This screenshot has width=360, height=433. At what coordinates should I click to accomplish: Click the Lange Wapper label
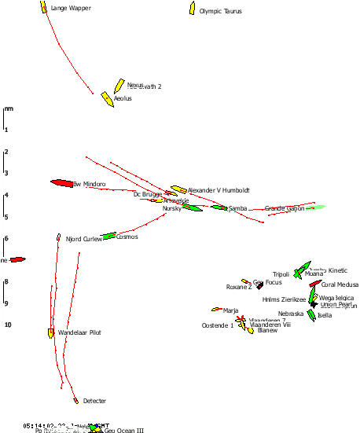(71, 8)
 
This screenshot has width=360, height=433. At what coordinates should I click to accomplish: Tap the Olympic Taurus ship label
(220, 12)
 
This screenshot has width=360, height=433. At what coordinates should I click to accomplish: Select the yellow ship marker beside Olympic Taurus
(192, 8)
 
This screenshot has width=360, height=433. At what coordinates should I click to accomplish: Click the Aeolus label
(123, 99)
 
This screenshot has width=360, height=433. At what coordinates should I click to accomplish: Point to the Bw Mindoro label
(89, 184)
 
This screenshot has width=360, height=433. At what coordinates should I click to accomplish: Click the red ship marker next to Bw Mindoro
(61, 182)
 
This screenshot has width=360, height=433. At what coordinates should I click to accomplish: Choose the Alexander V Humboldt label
(219, 190)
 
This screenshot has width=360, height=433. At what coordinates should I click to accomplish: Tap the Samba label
(237, 208)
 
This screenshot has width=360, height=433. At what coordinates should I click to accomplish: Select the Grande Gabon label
(284, 208)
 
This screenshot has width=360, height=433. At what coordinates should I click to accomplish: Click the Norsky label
(172, 208)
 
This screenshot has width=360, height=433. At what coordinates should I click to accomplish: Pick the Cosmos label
(127, 237)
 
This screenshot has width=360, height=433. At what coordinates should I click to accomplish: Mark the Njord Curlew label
(84, 239)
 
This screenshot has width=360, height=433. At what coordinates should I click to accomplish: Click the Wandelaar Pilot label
(79, 332)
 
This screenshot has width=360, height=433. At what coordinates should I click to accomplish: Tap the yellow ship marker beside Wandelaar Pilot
(51, 332)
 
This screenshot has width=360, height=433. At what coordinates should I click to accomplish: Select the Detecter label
(94, 401)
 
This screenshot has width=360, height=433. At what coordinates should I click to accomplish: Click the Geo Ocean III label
(124, 430)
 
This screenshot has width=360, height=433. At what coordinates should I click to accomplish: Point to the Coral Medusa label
(340, 284)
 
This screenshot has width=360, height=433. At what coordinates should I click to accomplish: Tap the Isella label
(325, 315)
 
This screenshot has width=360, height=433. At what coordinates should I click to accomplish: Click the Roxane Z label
(239, 287)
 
